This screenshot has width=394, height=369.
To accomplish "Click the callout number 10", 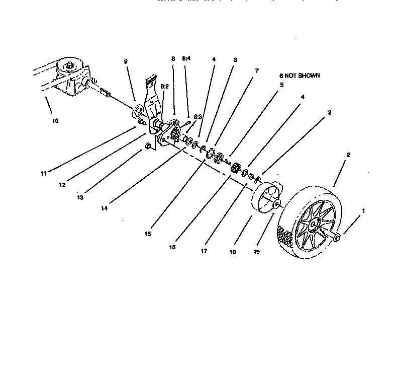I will (55, 121).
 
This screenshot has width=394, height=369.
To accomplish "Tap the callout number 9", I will (126, 61).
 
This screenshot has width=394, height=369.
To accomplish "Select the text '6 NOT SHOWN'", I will (299, 76).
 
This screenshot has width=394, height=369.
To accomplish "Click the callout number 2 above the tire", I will (348, 156).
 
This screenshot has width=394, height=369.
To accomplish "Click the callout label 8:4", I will (186, 59).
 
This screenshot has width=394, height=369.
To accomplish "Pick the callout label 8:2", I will (164, 87).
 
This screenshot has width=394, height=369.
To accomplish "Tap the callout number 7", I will (256, 71).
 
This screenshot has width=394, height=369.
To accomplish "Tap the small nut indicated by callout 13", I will (148, 146).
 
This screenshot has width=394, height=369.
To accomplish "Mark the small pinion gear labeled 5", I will (235, 168).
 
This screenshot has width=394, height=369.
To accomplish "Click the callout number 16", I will (172, 247).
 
